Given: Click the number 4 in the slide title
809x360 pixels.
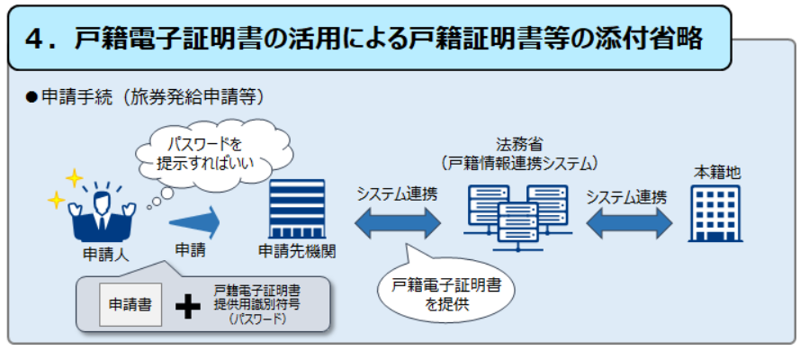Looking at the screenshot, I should (39, 37).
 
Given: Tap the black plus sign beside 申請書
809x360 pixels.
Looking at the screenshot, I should (187, 306).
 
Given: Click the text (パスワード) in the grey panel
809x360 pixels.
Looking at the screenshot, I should (256, 319).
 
